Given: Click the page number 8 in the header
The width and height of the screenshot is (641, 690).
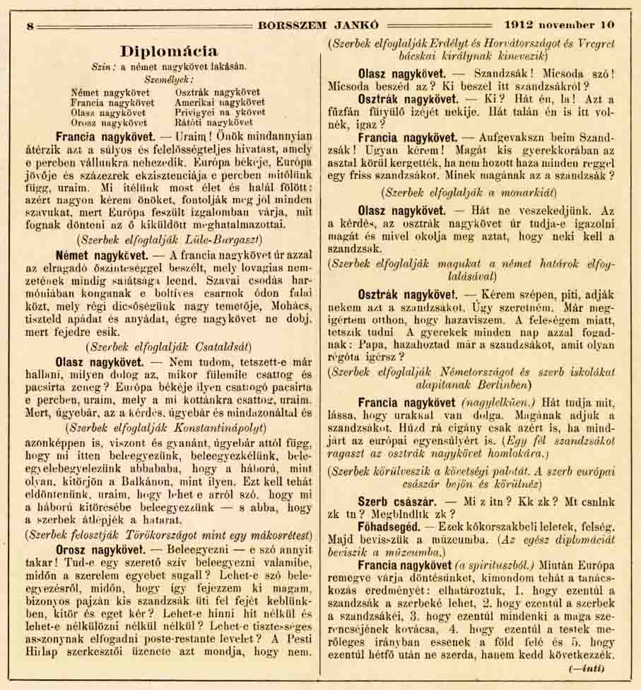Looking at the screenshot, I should pyautogui.click(x=30, y=26).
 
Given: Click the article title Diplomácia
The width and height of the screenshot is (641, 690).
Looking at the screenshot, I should pyautogui.click(x=169, y=52).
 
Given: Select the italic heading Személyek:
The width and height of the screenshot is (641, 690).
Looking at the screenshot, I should pyautogui.click(x=168, y=80).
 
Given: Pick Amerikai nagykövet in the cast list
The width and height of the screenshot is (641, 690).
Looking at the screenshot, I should pyautogui.click(x=219, y=103).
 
